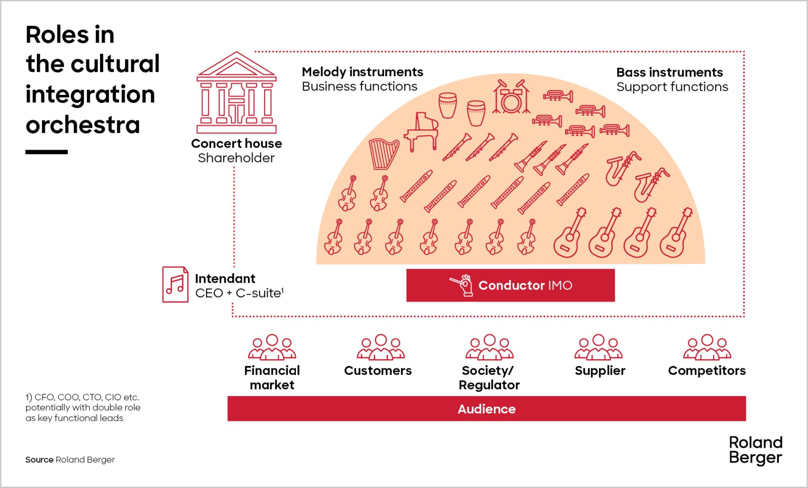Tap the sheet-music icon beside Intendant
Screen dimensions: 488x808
(x=175, y=285)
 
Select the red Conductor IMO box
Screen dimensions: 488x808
(x=511, y=285)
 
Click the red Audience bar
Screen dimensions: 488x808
(x=486, y=409)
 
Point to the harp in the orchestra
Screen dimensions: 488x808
(x=384, y=153)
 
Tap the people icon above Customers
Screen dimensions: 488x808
(x=381, y=347)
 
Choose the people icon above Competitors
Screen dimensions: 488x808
(x=707, y=347)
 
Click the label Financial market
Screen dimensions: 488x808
(x=272, y=377)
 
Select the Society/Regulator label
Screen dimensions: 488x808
(x=489, y=377)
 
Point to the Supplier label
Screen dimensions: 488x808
(x=600, y=371)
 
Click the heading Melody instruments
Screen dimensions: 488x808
(x=363, y=72)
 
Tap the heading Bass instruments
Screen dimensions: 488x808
(x=670, y=73)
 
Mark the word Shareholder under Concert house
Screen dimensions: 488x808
(x=236, y=158)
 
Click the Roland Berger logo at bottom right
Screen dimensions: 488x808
(x=755, y=450)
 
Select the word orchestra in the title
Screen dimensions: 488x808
(x=83, y=125)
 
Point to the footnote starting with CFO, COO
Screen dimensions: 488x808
(x=83, y=408)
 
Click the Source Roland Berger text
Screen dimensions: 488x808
(x=70, y=460)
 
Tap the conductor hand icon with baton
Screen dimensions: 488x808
(x=462, y=285)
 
